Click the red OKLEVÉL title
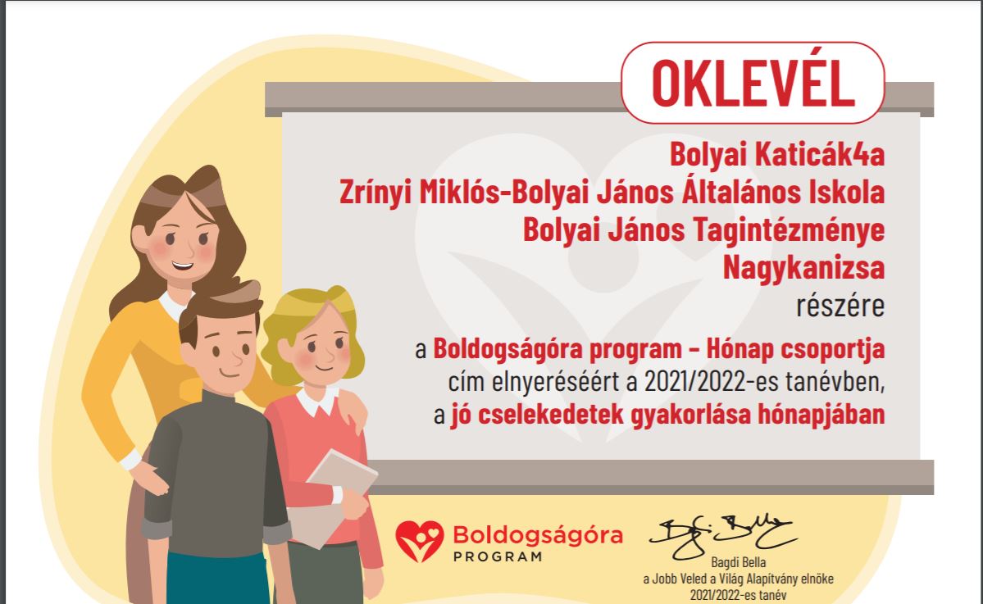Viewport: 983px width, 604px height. pos(753,83)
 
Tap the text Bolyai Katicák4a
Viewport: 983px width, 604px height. pos(776,154)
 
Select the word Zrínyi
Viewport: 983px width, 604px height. pos(375,193)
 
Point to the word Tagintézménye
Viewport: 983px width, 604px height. pos(789,230)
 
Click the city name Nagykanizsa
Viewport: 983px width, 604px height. pos(803,267)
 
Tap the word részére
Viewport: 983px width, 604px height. pos(840,306)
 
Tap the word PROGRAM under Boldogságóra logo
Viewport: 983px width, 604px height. pos(498,556)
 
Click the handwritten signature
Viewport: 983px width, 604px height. pos(722,536)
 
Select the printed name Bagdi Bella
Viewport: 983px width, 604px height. pos(739,562)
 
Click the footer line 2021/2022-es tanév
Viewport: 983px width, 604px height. pos(739,595)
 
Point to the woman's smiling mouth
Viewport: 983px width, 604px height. pos(183,266)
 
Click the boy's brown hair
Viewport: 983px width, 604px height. pos(220,308)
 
